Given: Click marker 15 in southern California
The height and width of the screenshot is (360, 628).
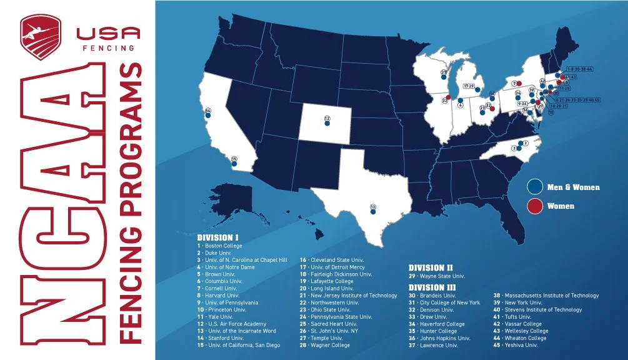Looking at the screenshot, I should tap(234, 160).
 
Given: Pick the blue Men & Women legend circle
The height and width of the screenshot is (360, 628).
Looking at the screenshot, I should tap(534, 187).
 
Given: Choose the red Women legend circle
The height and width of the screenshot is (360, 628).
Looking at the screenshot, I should tap(534, 206).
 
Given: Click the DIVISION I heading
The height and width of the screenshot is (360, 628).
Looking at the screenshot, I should tap(218, 238).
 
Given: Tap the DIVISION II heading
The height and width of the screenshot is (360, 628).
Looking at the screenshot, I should tap(431, 267).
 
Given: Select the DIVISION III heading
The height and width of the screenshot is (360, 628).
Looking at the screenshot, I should tap(432, 287).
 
